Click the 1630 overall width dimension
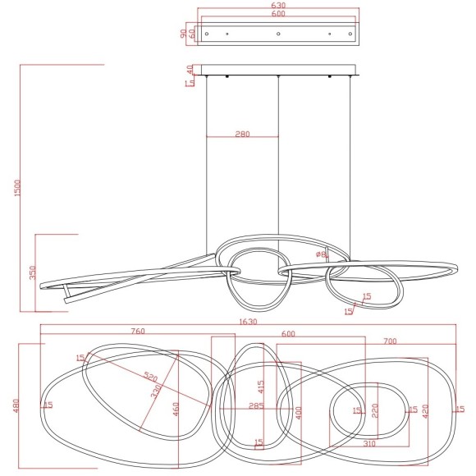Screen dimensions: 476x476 click(248, 322)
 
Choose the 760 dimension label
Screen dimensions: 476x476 click(138, 332)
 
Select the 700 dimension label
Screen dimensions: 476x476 click(390, 341)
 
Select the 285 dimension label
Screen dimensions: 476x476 click(255, 405)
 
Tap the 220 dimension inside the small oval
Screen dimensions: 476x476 click(375, 409)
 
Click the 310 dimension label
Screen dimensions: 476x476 click(369, 445)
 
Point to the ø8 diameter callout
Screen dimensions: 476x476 click(323, 255)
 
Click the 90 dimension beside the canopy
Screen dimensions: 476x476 click(181, 34)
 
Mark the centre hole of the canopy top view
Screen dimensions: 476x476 click(278, 34)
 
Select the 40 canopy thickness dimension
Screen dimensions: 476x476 click(190, 69)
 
